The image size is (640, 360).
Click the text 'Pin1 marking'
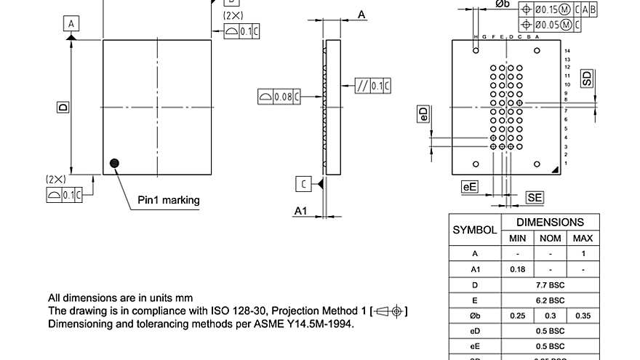[169, 200]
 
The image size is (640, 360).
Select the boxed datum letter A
[71, 24]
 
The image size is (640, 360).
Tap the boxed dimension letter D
[63, 107]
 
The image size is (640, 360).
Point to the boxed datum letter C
[303, 183]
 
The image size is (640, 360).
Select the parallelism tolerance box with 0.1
[373, 86]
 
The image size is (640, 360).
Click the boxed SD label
[586, 79]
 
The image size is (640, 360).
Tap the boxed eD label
[423, 114]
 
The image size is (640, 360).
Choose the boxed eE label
[471, 187]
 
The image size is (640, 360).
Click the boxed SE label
[535, 197]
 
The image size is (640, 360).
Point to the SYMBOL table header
[475, 230]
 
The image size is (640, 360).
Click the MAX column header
[583, 238]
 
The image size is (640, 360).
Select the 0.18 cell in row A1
[517, 269]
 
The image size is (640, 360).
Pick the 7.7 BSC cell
[550, 284]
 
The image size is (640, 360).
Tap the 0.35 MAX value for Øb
[583, 316]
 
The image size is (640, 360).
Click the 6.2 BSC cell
[550, 300]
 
